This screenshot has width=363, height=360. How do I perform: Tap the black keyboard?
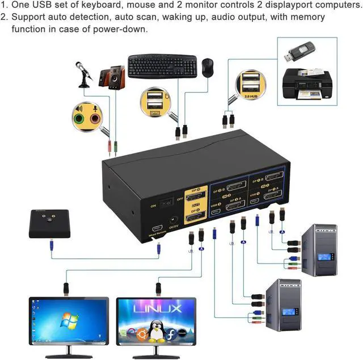[x=162, y=66]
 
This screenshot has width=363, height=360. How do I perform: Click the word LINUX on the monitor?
[x=158, y=309]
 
